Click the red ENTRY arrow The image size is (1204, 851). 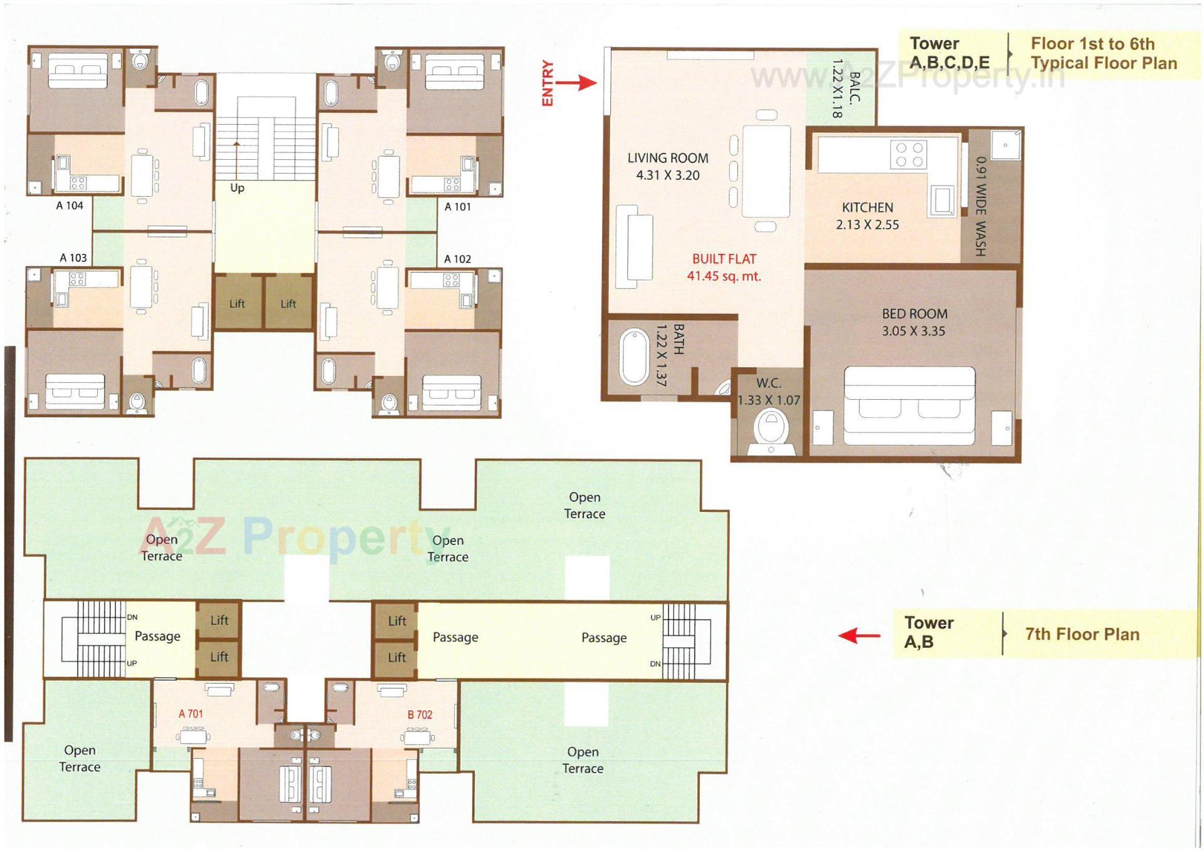point(576,83)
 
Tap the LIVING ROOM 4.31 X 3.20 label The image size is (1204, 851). point(667,167)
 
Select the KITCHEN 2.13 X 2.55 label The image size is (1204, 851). point(867,216)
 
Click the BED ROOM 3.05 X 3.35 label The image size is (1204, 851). point(914,323)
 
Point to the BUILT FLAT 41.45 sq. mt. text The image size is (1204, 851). point(724,268)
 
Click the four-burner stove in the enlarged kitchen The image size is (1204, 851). point(908,155)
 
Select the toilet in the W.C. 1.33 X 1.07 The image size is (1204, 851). point(771,429)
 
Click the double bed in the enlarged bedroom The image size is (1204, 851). point(909,406)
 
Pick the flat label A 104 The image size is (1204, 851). point(70,206)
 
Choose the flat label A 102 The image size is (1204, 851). point(457,259)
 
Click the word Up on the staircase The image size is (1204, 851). point(237,188)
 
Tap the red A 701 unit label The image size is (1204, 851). point(191,714)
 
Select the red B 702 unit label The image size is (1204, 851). point(420,715)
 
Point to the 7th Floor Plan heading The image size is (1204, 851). point(1082,634)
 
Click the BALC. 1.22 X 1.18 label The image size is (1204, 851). point(845,88)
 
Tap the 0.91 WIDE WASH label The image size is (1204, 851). point(981,206)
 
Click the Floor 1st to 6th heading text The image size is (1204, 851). point(1092,44)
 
